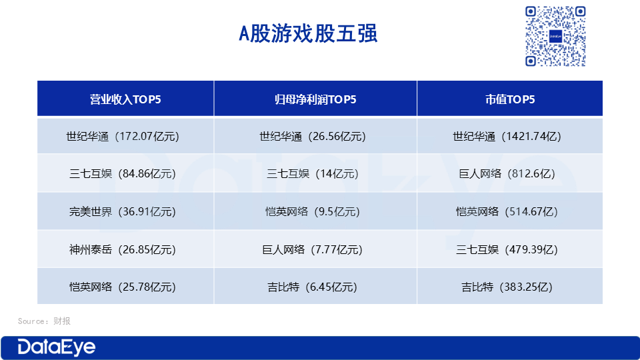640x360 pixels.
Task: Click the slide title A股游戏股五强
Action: pos(308,34)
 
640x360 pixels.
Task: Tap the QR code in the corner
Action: pos(555,36)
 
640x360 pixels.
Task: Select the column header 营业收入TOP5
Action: pos(125,99)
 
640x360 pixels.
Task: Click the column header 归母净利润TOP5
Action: pos(315,99)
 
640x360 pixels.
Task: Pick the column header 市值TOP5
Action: pos(510,99)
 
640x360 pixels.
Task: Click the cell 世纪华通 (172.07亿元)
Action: pos(125,137)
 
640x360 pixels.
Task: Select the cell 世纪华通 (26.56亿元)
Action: pos(315,137)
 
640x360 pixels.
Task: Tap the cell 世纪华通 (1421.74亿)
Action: pos(510,137)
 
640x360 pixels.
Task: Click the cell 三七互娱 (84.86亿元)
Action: pos(125,174)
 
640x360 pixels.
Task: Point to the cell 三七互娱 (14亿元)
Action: pos(315,174)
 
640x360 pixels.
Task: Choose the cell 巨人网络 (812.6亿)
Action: pos(510,174)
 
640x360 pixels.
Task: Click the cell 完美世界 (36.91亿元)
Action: pos(125,212)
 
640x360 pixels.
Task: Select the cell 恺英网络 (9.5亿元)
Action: pos(315,212)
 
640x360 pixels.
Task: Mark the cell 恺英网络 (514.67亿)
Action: pos(510,212)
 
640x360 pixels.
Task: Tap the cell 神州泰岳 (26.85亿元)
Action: pos(125,249)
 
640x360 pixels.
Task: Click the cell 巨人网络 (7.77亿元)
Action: pos(315,249)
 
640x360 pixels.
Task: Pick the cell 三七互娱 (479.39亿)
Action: pos(510,249)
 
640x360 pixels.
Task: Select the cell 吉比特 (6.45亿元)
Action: pos(315,287)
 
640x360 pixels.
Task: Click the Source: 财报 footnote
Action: pos(44,321)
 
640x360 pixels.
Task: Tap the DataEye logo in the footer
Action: pos(57,347)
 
